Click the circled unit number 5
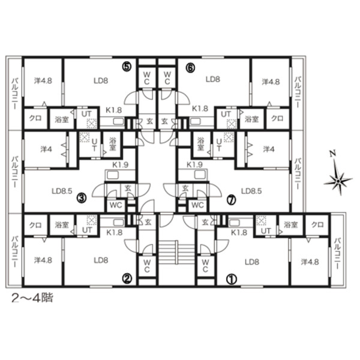(x=127, y=67)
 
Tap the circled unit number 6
(x=191, y=67)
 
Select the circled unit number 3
(x=82, y=197)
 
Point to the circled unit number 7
(x=231, y=200)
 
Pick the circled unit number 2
(x=127, y=278)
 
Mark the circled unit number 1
(x=232, y=279)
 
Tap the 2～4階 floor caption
(x=32, y=298)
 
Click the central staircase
(x=176, y=253)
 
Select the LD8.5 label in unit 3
(x=62, y=191)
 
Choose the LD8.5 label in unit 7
(x=251, y=191)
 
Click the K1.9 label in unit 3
(x=121, y=164)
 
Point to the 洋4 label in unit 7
(x=269, y=149)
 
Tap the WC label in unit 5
(x=147, y=78)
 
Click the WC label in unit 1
(x=205, y=266)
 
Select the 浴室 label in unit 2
(x=62, y=225)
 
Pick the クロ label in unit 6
(x=277, y=118)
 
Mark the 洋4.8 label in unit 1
(x=310, y=262)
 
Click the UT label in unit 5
(x=86, y=114)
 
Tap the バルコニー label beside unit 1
(x=337, y=254)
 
